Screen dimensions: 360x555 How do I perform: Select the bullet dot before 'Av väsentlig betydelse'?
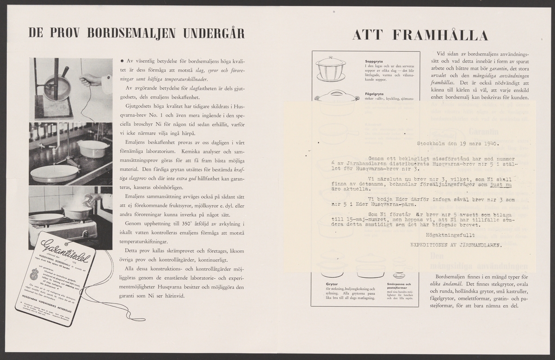click(122, 61)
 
